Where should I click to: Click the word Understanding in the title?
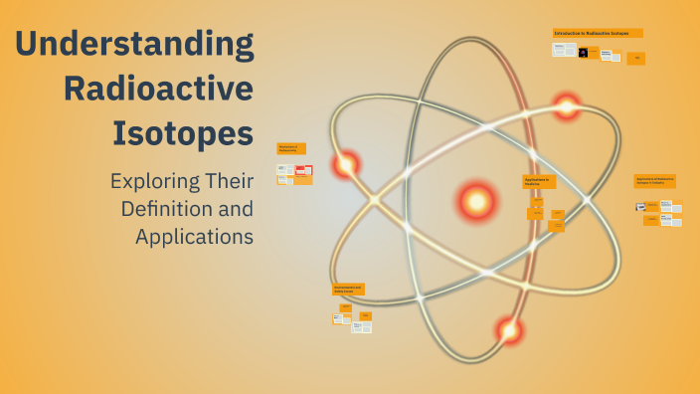pyautogui.click(x=135, y=46)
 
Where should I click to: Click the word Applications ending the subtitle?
pyautogui.click(x=194, y=237)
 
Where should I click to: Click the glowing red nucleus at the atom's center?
pyautogui.click(x=476, y=201)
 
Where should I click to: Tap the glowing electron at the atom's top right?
pyautogui.click(x=567, y=105)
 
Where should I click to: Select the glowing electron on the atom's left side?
pyautogui.click(x=346, y=164)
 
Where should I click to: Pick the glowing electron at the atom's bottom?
pyautogui.click(x=509, y=329)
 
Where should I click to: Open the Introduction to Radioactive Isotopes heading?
pyautogui.click(x=598, y=33)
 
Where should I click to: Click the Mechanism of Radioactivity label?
pyautogui.click(x=291, y=148)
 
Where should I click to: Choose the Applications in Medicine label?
pyautogui.click(x=539, y=182)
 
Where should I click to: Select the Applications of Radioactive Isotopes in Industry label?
pyautogui.click(x=655, y=181)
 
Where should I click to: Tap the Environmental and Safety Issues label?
pyautogui.click(x=348, y=290)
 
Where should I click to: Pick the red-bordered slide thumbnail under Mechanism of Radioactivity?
pyautogui.click(x=303, y=170)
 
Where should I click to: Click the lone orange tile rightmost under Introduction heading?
pyautogui.click(x=636, y=59)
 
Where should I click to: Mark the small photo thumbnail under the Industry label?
pyautogui.click(x=641, y=207)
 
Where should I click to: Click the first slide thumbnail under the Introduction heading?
pyautogui.click(x=564, y=50)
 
